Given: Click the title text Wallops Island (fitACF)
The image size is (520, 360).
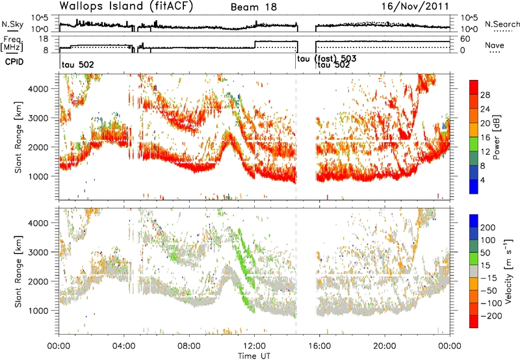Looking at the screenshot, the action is click(126, 6).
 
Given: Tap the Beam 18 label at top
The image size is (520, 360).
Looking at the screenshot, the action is click(253, 7).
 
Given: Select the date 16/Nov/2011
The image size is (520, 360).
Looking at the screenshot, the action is click(415, 6).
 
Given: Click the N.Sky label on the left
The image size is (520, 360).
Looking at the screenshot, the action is click(12, 24).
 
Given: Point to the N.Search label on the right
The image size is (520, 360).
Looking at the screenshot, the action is click(502, 24).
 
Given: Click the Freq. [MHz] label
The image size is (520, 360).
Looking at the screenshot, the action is click(12, 44).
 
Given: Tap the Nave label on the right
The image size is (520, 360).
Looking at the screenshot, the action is click(495, 45).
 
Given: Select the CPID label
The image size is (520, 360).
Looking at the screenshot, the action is click(14, 62).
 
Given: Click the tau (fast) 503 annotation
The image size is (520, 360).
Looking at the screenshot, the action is click(327, 59).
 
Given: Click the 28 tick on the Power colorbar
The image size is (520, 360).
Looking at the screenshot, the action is click(485, 95).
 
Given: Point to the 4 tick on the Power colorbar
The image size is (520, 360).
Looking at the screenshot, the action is click(482, 180).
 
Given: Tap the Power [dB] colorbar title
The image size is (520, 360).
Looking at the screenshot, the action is click(497, 137).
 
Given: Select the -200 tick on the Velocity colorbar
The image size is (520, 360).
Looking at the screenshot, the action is click(492, 316).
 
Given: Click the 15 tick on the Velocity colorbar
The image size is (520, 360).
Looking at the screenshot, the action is click(485, 266).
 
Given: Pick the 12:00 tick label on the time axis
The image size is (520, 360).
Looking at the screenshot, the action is click(254, 346).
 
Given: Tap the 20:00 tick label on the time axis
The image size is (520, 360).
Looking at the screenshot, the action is click(385, 346).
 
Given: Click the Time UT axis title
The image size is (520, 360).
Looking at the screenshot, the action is click(254, 356).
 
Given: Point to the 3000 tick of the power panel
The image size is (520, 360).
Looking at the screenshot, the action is click(39, 118).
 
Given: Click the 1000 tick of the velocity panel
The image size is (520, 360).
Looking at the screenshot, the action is click(39, 311).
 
